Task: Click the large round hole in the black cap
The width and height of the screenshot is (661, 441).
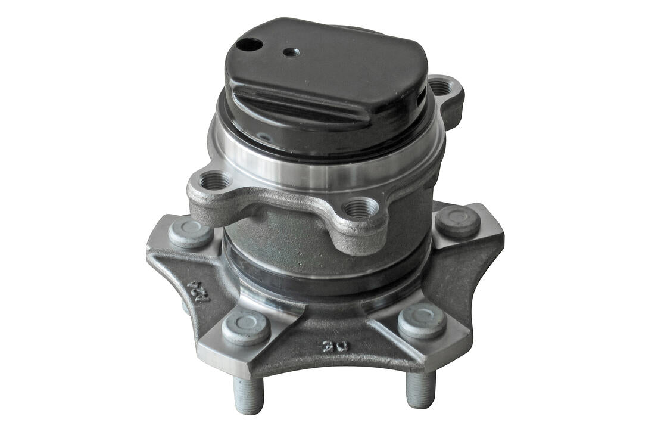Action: [x=249, y=44]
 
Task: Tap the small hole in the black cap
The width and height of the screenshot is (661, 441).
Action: [x=291, y=52]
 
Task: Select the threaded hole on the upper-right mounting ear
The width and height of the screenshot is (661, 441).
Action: [x=441, y=88]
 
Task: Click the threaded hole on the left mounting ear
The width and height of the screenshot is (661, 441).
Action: [x=215, y=179]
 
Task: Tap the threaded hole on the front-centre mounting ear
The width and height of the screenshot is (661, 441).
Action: [x=360, y=209]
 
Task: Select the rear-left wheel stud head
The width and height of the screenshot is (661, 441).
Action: [x=190, y=231]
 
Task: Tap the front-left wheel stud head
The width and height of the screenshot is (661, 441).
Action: [x=246, y=327]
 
